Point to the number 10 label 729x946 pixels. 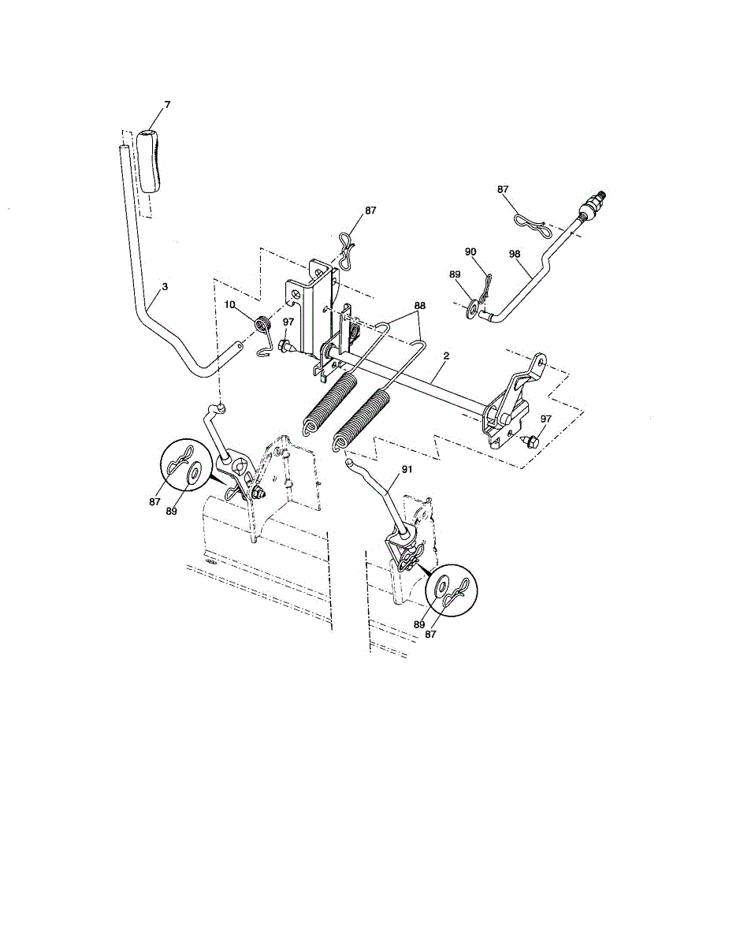(229, 304)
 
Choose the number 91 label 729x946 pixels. (407, 469)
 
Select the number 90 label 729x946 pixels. (471, 251)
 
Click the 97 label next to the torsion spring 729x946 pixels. (288, 322)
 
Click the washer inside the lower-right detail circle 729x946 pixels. (440, 587)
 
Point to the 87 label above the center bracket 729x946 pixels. (370, 212)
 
